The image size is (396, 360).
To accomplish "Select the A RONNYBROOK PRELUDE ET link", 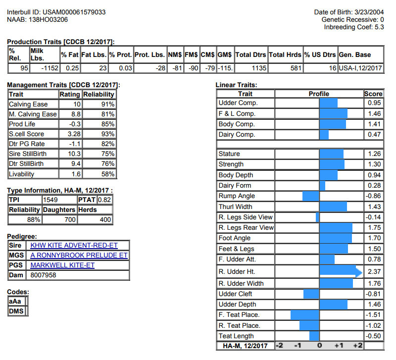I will [79, 255].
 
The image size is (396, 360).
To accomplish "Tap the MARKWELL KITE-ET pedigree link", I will [62, 265].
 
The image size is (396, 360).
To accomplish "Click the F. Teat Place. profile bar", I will [305, 315].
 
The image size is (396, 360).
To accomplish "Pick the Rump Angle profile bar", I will [311, 196].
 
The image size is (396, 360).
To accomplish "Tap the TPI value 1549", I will [50, 200].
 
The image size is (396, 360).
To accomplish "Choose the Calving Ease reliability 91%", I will [107, 104].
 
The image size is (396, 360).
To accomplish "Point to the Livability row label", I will [22, 174].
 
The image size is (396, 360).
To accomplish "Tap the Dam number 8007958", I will [44, 275].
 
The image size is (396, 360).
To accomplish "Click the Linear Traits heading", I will [236, 85].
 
